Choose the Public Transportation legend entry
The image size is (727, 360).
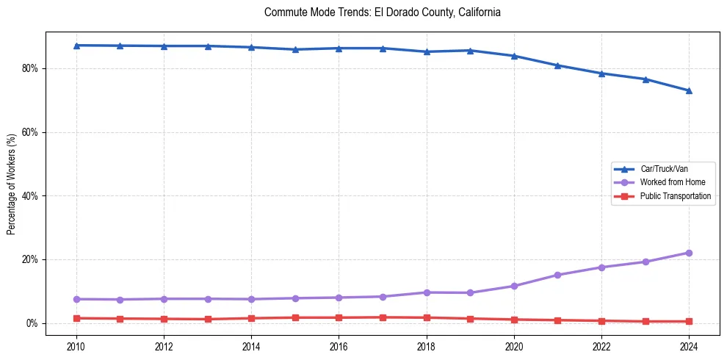coord(675,196)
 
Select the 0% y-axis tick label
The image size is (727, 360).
coord(32,323)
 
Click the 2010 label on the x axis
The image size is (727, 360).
coord(76,346)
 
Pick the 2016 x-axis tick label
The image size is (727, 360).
coord(339,346)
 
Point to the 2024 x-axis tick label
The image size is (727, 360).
coord(689,346)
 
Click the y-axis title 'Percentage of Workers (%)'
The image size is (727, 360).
coord(12,184)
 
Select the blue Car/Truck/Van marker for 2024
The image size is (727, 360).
coord(689,91)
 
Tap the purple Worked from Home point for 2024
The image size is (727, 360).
coord(689,253)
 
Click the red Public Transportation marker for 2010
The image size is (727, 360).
coord(76,318)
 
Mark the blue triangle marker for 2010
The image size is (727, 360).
coord(76,46)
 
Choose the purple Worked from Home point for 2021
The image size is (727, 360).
coord(557,275)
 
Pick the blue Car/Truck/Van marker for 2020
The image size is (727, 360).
coord(514,56)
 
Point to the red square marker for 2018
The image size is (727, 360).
coord(427,317)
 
